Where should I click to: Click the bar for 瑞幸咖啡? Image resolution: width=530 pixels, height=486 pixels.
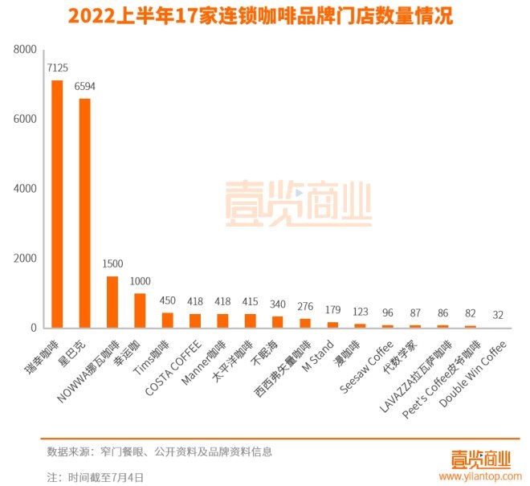pos(57,204)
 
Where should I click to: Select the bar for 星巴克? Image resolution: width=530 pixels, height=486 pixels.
pos(84,213)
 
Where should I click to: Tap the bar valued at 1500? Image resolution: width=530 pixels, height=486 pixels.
pos(112,302)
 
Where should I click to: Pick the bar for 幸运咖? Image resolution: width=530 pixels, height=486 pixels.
pos(140,311)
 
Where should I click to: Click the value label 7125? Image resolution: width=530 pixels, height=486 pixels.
pos(57,67)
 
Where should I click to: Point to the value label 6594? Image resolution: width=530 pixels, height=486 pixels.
pos(85,85)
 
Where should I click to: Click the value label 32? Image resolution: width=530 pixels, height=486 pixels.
pos(499,315)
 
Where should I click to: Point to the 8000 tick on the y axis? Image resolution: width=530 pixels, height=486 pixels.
pos(26,50)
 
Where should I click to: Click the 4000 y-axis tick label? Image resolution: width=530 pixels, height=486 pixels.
pos(26,189)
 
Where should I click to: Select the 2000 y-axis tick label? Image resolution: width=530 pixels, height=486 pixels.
pos(26,259)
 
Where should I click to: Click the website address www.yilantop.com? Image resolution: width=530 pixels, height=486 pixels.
pos(477,476)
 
